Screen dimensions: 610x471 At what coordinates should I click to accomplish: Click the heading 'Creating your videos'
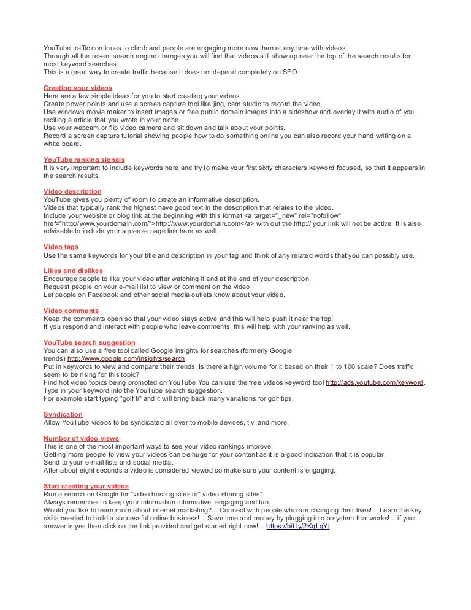pyautogui.click(x=78, y=88)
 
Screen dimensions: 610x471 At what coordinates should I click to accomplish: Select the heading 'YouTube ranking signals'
pyautogui.click(x=84, y=160)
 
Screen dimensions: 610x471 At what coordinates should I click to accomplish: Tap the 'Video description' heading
pyautogui.click(x=72, y=191)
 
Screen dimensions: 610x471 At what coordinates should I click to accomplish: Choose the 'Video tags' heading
pyautogui.click(x=61, y=247)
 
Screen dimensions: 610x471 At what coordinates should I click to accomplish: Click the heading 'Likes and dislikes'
pyautogui.click(x=73, y=271)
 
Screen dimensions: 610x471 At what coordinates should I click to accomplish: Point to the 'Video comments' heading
pyautogui.click(x=71, y=311)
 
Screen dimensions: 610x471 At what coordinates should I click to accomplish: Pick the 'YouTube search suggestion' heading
pyautogui.click(x=90, y=342)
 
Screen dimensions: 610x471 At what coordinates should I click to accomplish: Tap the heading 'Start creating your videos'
pyautogui.click(x=86, y=486)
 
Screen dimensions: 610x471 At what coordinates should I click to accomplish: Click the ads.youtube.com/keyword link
pyautogui.click(x=374, y=382)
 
